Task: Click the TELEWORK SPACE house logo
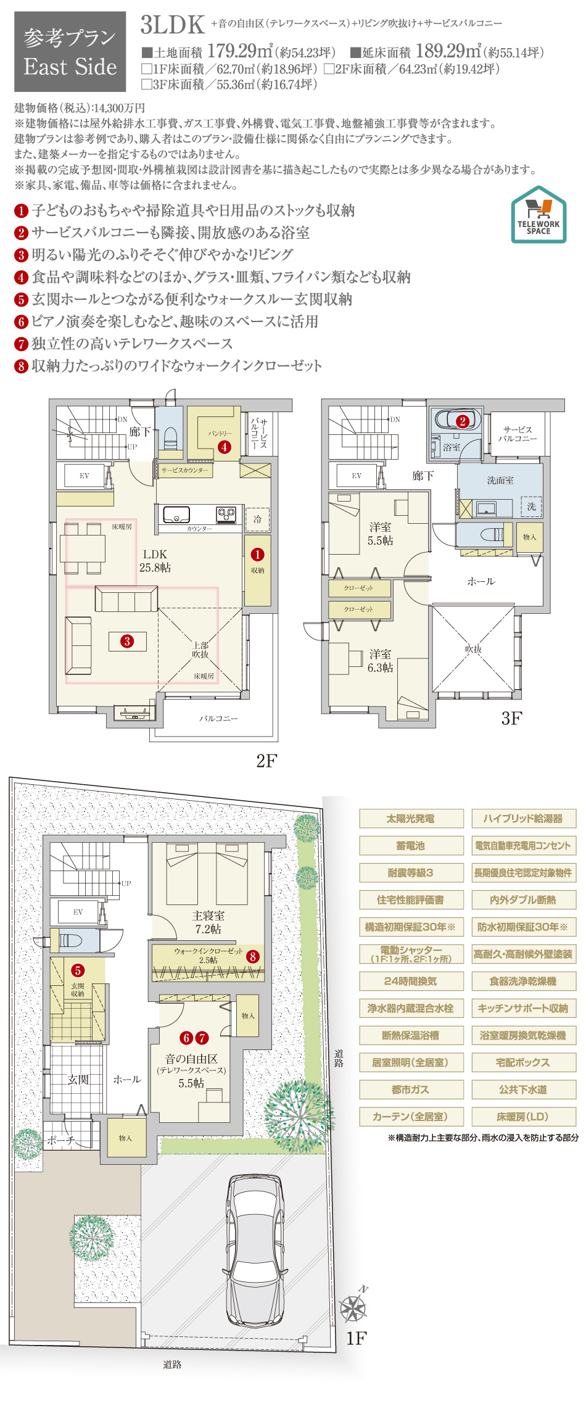pos(539,214)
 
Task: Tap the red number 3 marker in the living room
pos(127,641)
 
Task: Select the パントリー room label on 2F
pos(219,433)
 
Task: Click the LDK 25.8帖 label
pos(155,561)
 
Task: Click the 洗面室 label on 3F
pos(500,480)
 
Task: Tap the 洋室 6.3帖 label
pos(380,661)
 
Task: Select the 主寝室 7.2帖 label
pos(208,922)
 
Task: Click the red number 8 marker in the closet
pos(252,957)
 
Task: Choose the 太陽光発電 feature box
pos(411,819)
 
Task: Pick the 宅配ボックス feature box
pos(523,1062)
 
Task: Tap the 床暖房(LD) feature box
pos(523,1117)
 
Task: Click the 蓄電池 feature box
pos(411,846)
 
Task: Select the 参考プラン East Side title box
pos(70,53)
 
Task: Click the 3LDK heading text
pos(172,25)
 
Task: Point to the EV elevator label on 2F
pos(85,476)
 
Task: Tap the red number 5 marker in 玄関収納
pos(78,970)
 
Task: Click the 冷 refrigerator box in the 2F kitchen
pos(257,519)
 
